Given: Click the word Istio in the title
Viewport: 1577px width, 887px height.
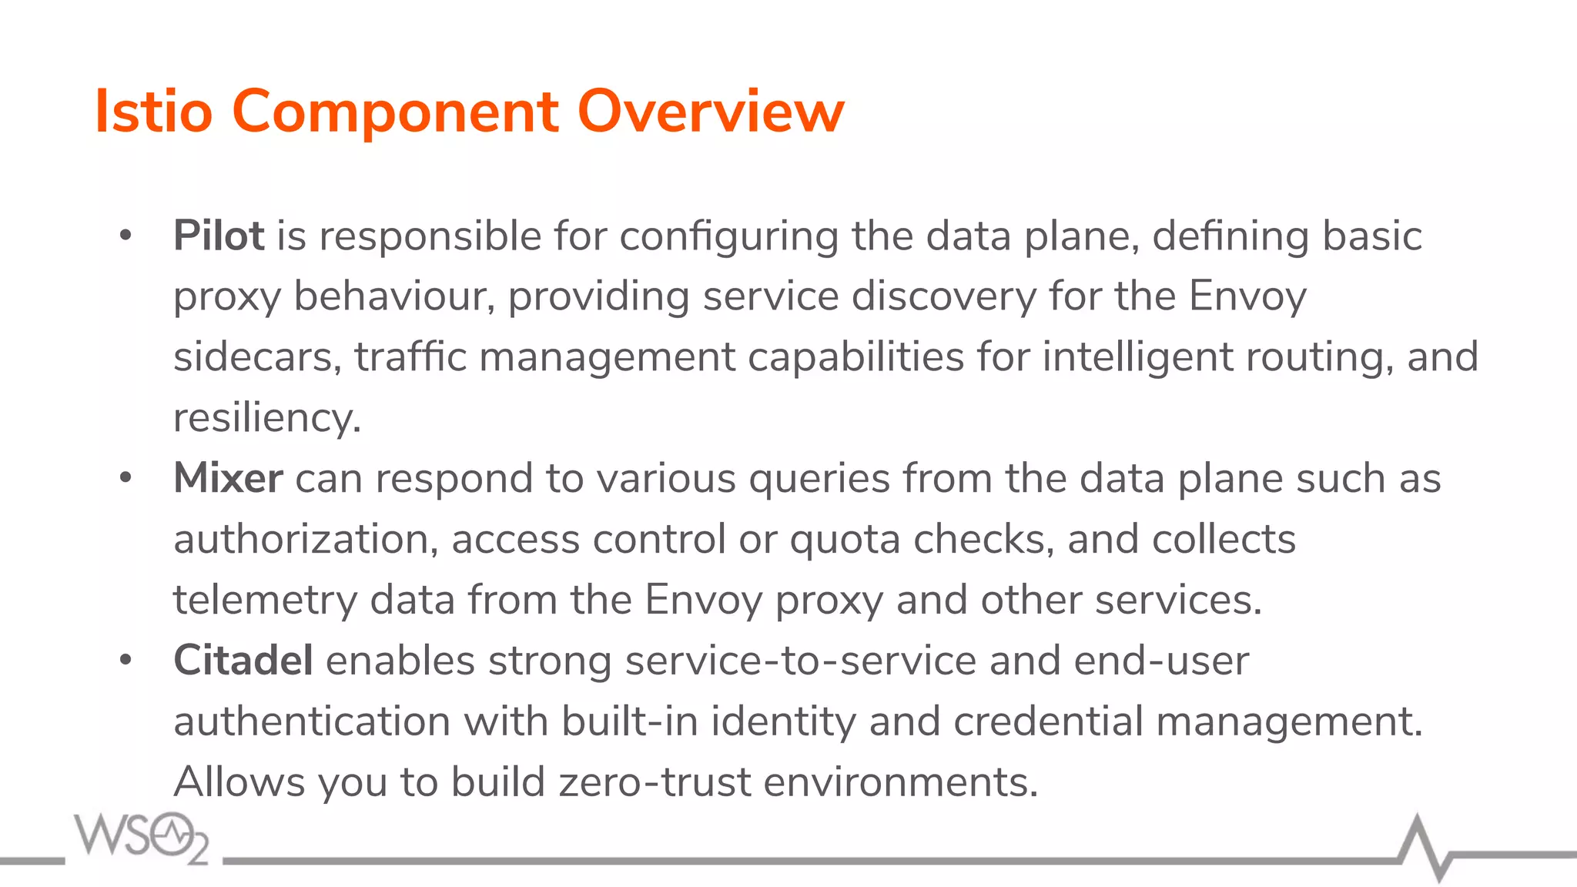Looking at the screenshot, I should click(x=153, y=112).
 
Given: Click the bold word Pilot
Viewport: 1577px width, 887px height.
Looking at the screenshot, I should click(x=219, y=236).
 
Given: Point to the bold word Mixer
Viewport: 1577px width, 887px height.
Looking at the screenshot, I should click(x=228, y=478).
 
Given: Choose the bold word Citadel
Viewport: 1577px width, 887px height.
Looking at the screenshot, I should click(x=243, y=661).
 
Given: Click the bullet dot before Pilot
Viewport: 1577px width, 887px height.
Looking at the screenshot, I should click(x=126, y=236).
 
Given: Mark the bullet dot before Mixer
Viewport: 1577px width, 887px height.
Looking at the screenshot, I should click(x=126, y=478).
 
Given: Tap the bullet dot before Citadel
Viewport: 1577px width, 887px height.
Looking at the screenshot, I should click(x=126, y=661).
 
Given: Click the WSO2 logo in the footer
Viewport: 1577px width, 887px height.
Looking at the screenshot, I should click(x=142, y=837).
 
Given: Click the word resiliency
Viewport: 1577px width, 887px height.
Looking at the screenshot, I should click(x=266, y=419).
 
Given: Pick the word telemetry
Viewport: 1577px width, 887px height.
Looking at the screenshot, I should click(x=265, y=601).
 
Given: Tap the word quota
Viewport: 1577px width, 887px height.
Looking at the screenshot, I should click(x=845, y=540).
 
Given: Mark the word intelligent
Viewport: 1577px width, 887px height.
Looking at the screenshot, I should click(x=1137, y=357).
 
